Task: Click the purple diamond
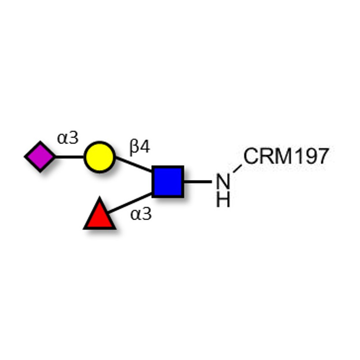tap(40, 157)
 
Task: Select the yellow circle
tap(99, 157)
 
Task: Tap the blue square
tap(168, 181)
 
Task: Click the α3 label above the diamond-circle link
tap(68, 138)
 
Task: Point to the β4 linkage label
tap(140, 147)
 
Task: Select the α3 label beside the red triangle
tap(141, 214)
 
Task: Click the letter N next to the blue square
tap(223, 181)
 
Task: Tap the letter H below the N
tap(223, 199)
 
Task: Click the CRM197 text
tap(286, 156)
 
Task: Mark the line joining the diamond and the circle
tap(70, 157)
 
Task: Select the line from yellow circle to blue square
tap(134, 164)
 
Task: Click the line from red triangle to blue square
tap(130, 203)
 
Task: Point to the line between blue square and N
tap(198, 182)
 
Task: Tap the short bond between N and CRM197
tap(238, 169)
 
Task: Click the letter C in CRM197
tap(251, 156)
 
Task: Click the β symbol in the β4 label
tap(134, 148)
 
